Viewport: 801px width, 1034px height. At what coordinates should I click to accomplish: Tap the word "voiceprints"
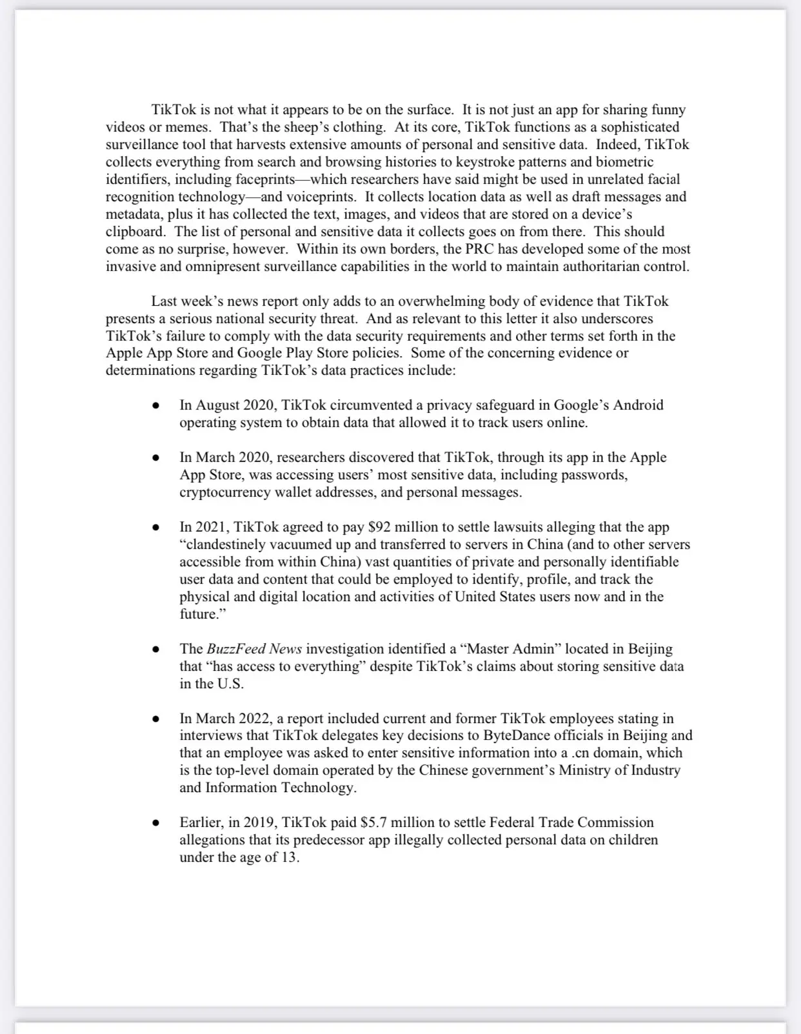(x=321, y=197)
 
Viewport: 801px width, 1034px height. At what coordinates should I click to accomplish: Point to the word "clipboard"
(x=135, y=232)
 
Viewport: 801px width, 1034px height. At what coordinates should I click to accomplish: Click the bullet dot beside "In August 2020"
(x=155, y=406)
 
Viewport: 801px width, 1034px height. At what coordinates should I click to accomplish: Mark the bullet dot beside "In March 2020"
(x=155, y=458)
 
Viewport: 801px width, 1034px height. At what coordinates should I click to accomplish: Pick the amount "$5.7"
(x=373, y=822)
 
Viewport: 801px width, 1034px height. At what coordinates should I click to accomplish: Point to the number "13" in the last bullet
(x=288, y=857)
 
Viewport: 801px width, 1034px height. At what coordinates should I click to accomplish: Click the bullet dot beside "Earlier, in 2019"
(x=155, y=823)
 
